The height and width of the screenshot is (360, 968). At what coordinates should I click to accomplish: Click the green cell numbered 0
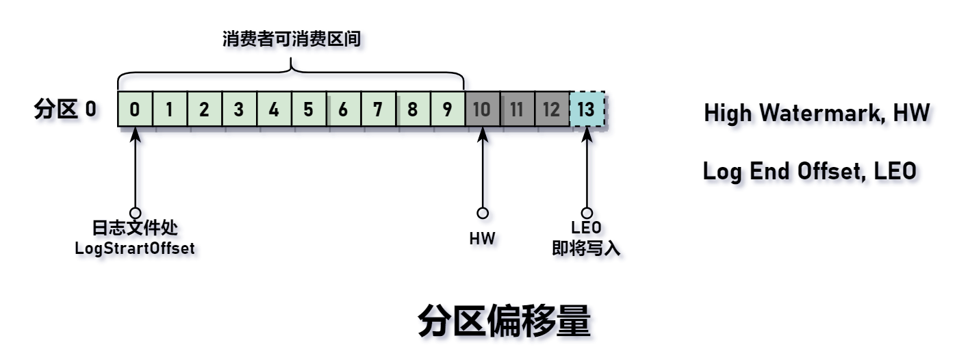click(136, 110)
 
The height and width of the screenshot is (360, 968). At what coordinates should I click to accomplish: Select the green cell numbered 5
click(309, 110)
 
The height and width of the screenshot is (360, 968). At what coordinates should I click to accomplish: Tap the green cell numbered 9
click(447, 110)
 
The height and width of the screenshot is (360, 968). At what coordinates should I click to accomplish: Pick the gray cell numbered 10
click(482, 110)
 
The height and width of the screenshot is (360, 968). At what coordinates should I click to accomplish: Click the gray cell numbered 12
click(551, 110)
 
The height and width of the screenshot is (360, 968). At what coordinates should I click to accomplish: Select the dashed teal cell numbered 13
click(586, 110)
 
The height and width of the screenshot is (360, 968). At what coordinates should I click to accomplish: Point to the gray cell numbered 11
click(517, 110)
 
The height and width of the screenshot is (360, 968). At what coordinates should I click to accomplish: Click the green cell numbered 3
click(240, 110)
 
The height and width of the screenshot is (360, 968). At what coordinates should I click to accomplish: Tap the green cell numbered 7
click(378, 110)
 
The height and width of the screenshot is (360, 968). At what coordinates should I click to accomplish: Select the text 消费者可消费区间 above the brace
click(291, 38)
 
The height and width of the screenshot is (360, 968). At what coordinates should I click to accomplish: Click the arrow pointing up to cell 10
click(483, 171)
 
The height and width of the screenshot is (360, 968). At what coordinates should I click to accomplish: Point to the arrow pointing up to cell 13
click(587, 171)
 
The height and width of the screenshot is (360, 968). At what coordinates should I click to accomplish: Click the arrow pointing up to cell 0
click(136, 171)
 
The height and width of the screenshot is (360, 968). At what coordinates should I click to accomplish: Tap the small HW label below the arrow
click(483, 240)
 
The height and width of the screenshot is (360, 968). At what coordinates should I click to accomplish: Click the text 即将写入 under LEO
click(586, 249)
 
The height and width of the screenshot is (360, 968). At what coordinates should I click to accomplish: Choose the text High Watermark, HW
click(816, 112)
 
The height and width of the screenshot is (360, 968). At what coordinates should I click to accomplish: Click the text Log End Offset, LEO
click(809, 172)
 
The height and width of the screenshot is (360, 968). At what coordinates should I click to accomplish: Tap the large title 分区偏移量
click(504, 322)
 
